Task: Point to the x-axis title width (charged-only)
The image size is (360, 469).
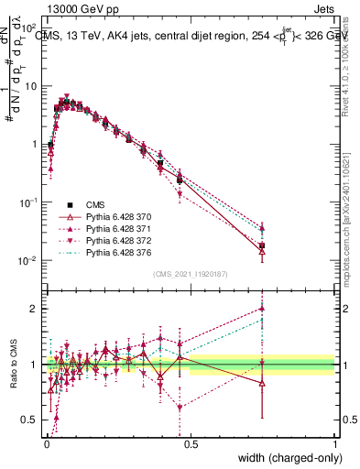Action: coord(286,456)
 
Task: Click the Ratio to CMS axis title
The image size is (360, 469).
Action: coord(12,365)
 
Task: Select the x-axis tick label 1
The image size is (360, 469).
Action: coord(334,443)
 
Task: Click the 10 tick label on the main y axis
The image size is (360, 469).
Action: coord(30,86)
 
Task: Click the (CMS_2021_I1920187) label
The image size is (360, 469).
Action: coord(190,274)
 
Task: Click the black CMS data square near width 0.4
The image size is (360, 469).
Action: coord(160,163)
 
